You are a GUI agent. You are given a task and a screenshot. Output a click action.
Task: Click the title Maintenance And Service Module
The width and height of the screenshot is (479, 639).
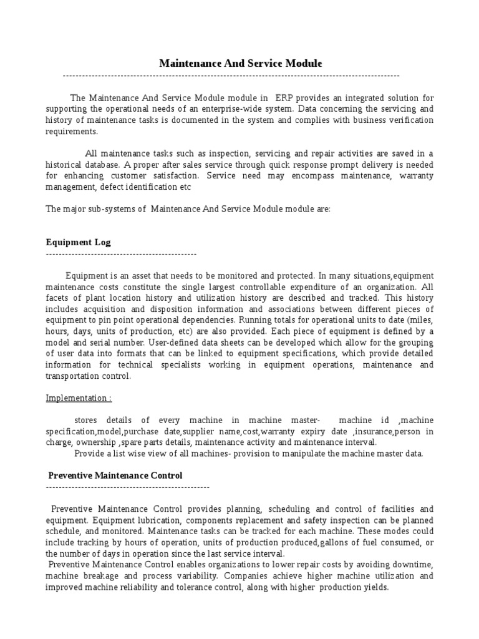coord(240,63)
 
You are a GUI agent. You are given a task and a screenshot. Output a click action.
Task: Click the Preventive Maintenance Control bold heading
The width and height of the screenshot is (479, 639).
coord(115,475)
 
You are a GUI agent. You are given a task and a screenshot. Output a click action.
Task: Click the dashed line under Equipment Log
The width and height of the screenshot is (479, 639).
coord(121,255)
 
